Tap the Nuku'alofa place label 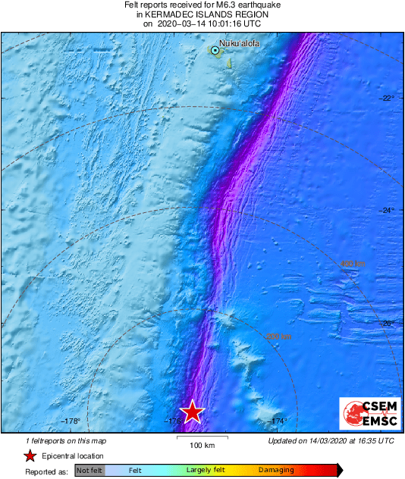[x=239, y=43]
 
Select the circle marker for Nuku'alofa [x=215, y=50]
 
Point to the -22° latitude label [x=388, y=99]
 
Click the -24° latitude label [x=388, y=211]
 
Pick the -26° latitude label [x=388, y=324]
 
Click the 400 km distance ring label [x=353, y=263]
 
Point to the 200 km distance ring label [x=278, y=336]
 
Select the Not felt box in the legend [x=89, y=470]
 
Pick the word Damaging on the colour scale [x=276, y=470]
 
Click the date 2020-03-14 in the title [x=184, y=23]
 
